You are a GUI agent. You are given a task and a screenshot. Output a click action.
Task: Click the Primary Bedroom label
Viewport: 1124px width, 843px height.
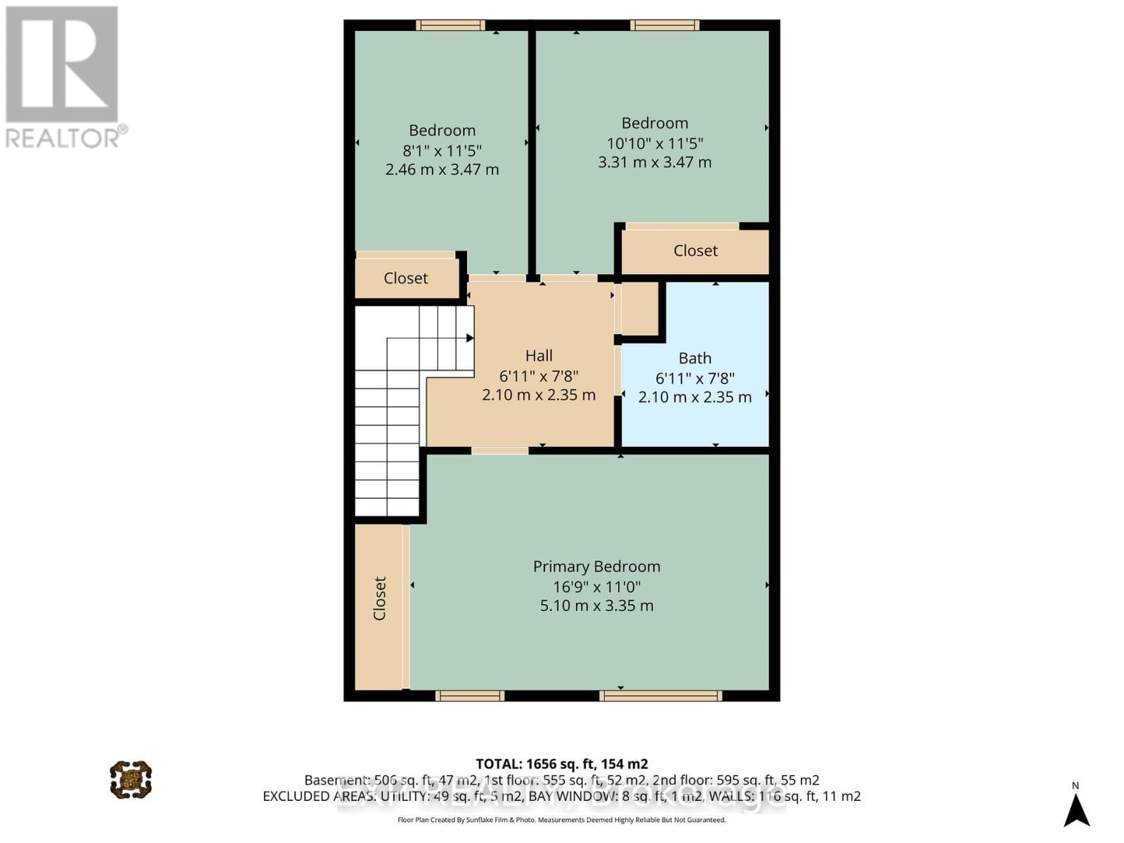pyautogui.click(x=596, y=566)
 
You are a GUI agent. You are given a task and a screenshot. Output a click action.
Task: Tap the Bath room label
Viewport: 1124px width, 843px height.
pyautogui.click(x=695, y=358)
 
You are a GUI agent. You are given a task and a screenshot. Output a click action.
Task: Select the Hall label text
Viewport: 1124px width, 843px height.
pyautogui.click(x=539, y=355)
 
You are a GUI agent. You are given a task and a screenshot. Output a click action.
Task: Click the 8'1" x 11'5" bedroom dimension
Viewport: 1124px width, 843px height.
pyautogui.click(x=442, y=150)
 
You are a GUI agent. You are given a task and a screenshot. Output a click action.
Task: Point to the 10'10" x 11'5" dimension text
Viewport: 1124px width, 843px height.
pyautogui.click(x=655, y=143)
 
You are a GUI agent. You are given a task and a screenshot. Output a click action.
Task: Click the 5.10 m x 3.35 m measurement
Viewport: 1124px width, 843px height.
pyautogui.click(x=596, y=606)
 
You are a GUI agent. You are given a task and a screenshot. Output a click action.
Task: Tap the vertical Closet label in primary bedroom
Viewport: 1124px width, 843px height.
pyautogui.click(x=379, y=599)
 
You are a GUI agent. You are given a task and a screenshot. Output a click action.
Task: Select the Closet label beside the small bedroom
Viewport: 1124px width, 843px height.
pyautogui.click(x=405, y=278)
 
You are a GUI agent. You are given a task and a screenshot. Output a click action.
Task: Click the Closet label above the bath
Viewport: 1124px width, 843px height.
pyautogui.click(x=695, y=251)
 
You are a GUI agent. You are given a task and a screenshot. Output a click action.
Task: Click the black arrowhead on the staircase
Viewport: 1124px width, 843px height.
pyautogui.click(x=470, y=338)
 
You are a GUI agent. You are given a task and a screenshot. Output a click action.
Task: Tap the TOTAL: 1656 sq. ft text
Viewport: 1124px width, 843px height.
pyautogui.click(x=561, y=764)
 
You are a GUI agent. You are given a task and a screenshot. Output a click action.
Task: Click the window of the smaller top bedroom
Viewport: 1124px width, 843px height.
pyautogui.click(x=450, y=25)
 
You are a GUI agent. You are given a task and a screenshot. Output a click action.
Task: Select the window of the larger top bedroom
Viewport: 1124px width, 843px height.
pyautogui.click(x=665, y=25)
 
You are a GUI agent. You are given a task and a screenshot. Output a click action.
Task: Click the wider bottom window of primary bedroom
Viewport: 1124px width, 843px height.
pyautogui.click(x=660, y=696)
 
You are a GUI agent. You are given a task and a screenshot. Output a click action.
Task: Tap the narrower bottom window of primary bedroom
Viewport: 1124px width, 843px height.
pyautogui.click(x=469, y=696)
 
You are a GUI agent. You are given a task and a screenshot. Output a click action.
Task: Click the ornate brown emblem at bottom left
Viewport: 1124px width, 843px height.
pyautogui.click(x=131, y=779)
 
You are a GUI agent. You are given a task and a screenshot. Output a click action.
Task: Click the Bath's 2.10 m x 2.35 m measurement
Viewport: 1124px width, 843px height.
pyautogui.click(x=695, y=397)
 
